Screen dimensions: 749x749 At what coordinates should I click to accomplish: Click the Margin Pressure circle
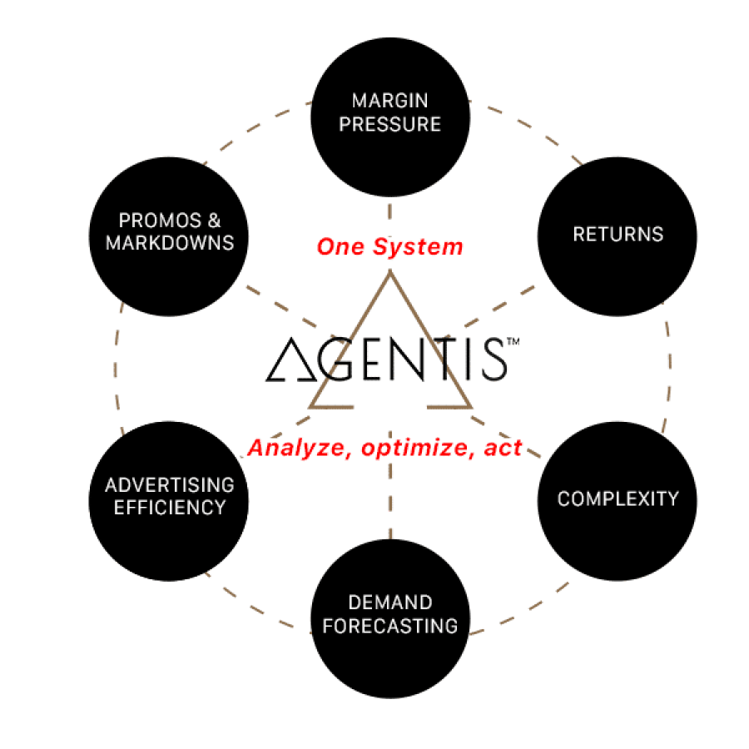(390, 117)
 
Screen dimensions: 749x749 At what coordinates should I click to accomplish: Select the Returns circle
(618, 236)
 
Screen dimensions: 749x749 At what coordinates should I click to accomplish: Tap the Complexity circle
(618, 501)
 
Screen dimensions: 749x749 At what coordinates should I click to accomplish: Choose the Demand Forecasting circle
(390, 618)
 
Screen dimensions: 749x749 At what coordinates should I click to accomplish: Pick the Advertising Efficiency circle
(169, 501)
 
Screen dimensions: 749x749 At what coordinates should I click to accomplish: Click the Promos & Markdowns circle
(169, 236)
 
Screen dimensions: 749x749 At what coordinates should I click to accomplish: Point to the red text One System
(389, 247)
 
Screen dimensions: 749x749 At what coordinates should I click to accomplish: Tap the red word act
(503, 448)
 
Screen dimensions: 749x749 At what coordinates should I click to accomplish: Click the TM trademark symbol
(513, 341)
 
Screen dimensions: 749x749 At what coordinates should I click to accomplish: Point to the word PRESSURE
(389, 124)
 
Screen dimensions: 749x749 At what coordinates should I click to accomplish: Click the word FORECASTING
(389, 626)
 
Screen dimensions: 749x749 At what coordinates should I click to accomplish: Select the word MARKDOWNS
(170, 243)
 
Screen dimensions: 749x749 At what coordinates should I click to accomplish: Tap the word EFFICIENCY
(170, 508)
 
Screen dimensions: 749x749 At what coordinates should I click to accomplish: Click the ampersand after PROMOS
(215, 221)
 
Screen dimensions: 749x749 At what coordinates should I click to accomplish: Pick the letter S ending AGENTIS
(494, 360)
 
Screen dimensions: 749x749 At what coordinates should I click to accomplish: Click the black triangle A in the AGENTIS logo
(291, 360)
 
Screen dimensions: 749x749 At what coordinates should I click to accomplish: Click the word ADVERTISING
(170, 485)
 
